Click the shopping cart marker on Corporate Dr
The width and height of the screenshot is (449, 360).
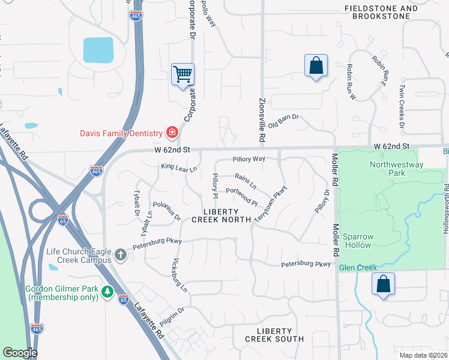tap(183, 75)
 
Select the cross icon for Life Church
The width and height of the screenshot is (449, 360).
tap(121, 255)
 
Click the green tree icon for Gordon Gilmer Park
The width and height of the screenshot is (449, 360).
tap(107, 292)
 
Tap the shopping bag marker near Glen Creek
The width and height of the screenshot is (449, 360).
tap(383, 284)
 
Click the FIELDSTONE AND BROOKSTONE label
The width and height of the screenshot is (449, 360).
tap(381, 13)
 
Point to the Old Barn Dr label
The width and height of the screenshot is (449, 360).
tap(283, 122)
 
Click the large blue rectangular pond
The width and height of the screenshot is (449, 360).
tap(98, 50)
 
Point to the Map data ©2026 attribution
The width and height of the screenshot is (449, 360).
tap(423, 355)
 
